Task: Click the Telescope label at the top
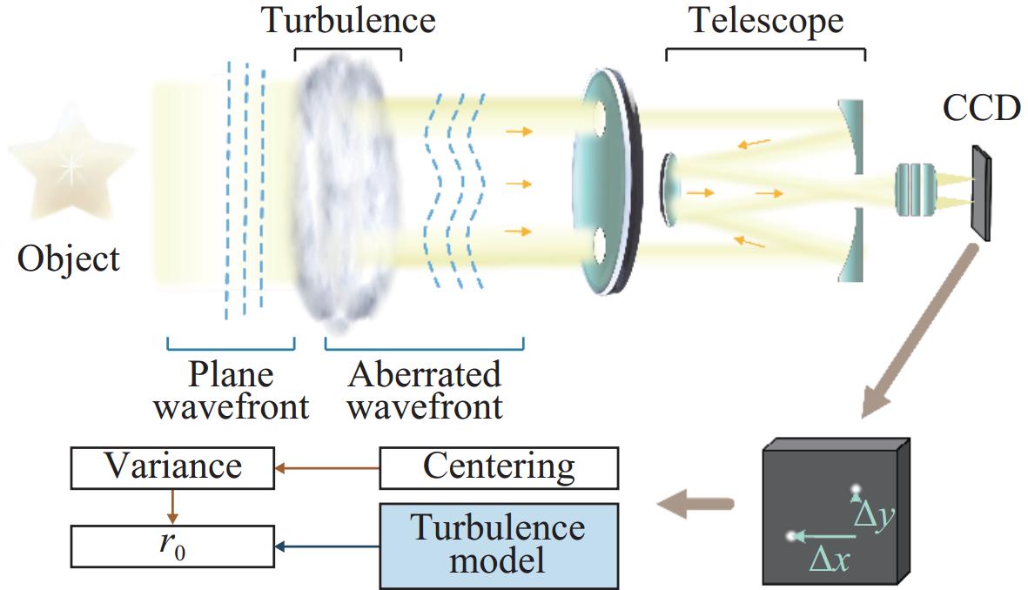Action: (766, 20)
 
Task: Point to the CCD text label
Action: (982, 111)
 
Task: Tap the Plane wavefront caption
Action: (230, 390)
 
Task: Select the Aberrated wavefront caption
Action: (425, 390)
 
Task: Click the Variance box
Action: (172, 468)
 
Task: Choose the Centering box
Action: (499, 468)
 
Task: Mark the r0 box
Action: (172, 546)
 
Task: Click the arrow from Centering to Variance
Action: (327, 468)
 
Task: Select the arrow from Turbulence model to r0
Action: (327, 546)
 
